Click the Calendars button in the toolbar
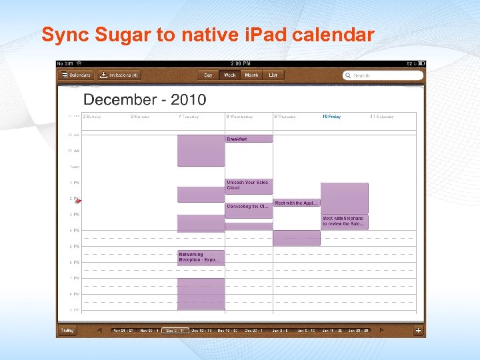(x=76, y=75)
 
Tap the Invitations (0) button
(x=119, y=75)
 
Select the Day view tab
(x=209, y=75)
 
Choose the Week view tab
(x=229, y=75)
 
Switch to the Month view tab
(x=251, y=75)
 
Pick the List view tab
(x=273, y=75)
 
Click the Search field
(x=383, y=75)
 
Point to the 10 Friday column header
(x=331, y=117)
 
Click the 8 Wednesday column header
(x=240, y=117)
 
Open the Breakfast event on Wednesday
(x=249, y=139)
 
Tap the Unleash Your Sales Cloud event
(x=249, y=186)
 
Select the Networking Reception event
(x=201, y=257)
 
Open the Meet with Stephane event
(x=344, y=221)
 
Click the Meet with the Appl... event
(x=297, y=203)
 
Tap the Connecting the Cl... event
(x=249, y=207)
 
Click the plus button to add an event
(x=418, y=331)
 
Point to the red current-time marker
(x=78, y=201)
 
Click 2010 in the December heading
(x=189, y=100)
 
